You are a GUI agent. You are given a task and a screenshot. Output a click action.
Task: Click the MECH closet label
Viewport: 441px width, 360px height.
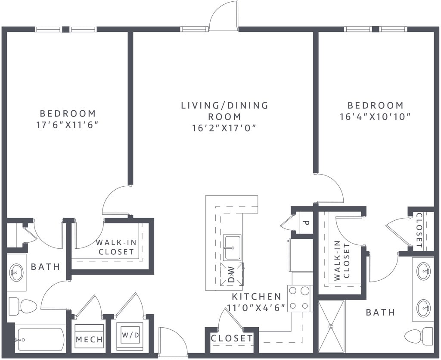[90, 340]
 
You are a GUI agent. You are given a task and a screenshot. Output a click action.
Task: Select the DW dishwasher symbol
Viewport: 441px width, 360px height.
[232, 274]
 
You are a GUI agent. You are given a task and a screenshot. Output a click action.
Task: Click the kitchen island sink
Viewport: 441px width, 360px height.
[232, 247]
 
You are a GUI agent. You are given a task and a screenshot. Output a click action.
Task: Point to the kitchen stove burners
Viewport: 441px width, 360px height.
[300, 298]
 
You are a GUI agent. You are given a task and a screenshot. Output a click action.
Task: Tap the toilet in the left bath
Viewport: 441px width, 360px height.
[23, 306]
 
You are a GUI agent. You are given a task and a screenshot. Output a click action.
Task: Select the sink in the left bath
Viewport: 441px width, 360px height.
[16, 272]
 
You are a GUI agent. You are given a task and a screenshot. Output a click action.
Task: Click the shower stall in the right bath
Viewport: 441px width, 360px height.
[332, 326]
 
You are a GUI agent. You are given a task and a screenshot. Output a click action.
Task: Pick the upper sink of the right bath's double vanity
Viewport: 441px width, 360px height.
[423, 272]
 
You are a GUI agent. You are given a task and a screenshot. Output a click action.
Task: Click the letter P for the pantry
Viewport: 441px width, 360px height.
[305, 223]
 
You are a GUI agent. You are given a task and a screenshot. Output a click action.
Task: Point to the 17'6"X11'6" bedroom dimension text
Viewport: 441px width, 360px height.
[68, 125]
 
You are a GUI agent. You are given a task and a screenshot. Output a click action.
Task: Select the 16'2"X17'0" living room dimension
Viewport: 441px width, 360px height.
[224, 128]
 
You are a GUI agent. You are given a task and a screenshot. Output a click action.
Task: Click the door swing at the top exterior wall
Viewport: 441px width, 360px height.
[224, 16]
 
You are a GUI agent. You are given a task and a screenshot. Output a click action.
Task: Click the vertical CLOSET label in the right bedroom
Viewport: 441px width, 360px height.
[419, 230]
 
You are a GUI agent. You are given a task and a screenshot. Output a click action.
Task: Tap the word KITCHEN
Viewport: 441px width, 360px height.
[257, 297]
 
